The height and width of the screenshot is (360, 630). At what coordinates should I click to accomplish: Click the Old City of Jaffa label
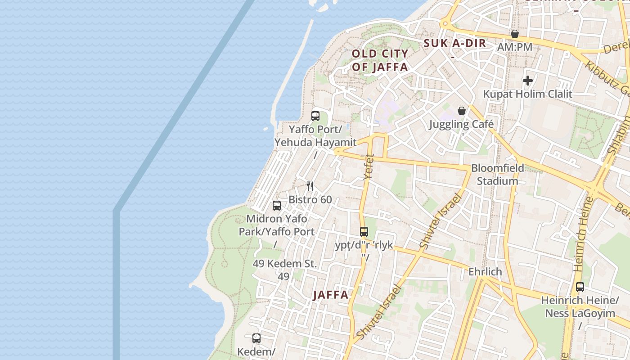(x=380, y=60)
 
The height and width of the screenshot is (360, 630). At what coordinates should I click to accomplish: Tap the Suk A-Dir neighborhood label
(x=455, y=43)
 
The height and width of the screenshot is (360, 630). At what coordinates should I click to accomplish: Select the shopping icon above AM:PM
(x=515, y=34)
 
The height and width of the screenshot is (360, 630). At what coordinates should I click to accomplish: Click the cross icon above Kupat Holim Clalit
(x=528, y=81)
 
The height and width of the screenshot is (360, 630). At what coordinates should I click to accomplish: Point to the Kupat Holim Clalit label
(x=528, y=94)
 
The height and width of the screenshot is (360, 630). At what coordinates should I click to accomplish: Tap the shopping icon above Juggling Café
(x=461, y=111)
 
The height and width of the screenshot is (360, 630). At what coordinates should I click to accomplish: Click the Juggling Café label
(x=461, y=124)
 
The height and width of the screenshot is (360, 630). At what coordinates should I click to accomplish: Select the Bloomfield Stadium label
(x=498, y=175)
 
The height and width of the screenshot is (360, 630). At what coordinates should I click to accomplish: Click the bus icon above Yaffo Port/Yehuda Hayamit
(x=315, y=116)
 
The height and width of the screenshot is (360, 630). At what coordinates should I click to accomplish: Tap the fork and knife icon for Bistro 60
(x=310, y=186)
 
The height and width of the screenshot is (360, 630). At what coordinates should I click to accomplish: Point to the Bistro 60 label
(x=310, y=199)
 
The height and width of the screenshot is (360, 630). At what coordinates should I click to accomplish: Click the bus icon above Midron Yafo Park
(x=277, y=206)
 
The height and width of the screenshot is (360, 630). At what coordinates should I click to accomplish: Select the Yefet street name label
(x=369, y=167)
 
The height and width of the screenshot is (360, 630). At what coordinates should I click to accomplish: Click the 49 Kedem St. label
(x=285, y=264)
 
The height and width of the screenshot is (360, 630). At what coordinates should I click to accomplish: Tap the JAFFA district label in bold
(x=331, y=295)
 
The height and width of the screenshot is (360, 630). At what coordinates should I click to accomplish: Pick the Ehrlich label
(x=485, y=272)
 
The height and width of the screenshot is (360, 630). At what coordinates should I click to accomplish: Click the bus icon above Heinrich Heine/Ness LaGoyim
(x=580, y=287)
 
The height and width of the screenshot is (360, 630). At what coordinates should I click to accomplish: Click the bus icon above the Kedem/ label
(x=256, y=338)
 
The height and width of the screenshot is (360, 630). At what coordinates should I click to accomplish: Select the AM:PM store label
(x=515, y=47)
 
